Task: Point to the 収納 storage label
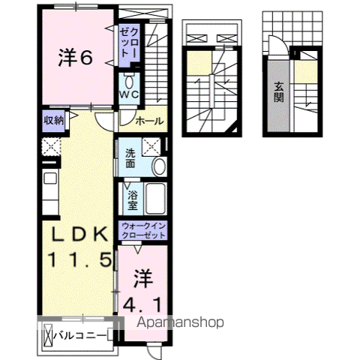tap(52, 120)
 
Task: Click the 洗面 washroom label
tap(130, 159)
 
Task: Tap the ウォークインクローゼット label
tap(145, 230)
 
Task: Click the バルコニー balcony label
tap(83, 335)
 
